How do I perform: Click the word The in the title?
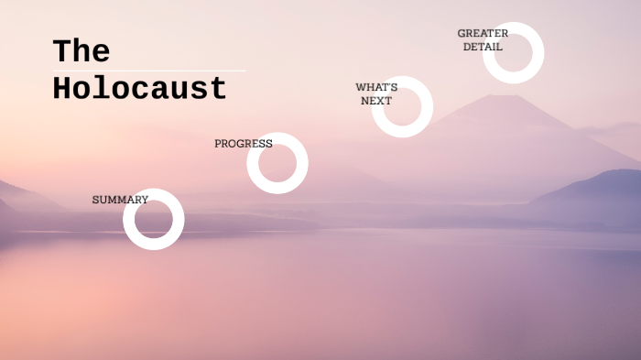pyautogui.click(x=81, y=51)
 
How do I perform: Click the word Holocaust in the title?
pyautogui.click(x=139, y=89)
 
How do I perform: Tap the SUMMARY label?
pyautogui.click(x=120, y=200)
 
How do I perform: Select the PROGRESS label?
pyautogui.click(x=243, y=144)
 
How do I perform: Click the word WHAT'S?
pyautogui.click(x=376, y=88)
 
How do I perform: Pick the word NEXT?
pyautogui.click(x=376, y=101)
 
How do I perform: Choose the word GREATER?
pyautogui.click(x=483, y=34)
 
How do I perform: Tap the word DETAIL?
pyautogui.click(x=483, y=47)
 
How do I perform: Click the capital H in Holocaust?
pyautogui.click(x=62, y=89)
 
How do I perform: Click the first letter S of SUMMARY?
pyautogui.click(x=95, y=200)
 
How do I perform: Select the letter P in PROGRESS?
pyautogui.click(x=218, y=144)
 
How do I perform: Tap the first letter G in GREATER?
pyautogui.click(x=462, y=34)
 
